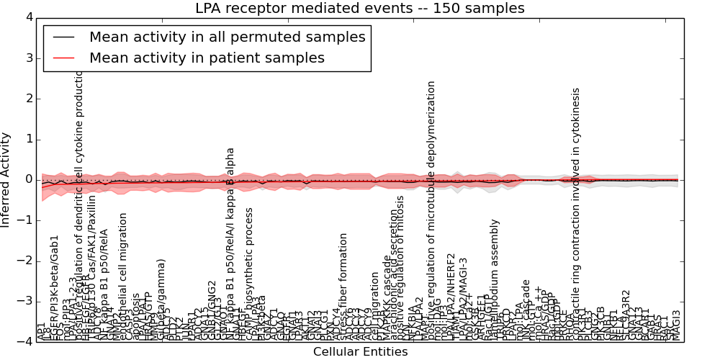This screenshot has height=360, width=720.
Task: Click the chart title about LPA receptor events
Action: point(360,9)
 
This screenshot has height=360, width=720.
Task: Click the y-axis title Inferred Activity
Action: point(6,179)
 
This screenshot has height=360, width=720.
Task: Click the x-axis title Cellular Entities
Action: point(359,351)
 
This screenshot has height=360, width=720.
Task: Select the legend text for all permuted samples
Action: point(227,37)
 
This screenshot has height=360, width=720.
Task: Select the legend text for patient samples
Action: point(207,58)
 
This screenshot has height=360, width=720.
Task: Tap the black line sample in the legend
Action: point(63,37)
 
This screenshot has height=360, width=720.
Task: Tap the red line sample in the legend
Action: point(63,58)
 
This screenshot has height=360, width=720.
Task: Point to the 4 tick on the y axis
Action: point(28,17)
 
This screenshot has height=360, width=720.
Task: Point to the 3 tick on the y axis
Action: point(28,58)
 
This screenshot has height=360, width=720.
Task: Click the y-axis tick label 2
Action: point(28,99)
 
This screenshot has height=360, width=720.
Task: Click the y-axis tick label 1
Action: point(28,139)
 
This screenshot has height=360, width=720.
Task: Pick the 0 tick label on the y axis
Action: point(28,179)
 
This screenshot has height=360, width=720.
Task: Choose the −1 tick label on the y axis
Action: point(25,220)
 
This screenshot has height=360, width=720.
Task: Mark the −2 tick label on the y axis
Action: point(25,261)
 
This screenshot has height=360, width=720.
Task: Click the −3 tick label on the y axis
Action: point(25,301)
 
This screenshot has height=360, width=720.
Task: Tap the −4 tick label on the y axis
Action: point(25,342)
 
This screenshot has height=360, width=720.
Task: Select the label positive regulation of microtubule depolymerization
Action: point(431,209)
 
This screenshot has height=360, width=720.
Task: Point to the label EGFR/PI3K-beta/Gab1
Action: point(55,288)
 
